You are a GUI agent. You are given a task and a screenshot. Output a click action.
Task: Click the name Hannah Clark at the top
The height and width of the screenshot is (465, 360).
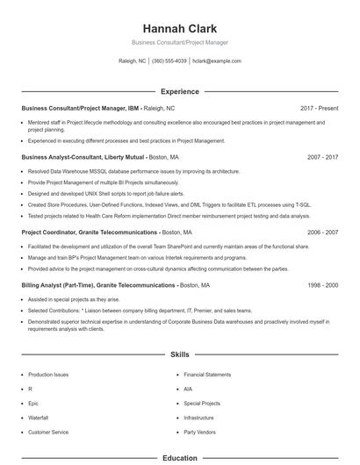(x=179, y=28)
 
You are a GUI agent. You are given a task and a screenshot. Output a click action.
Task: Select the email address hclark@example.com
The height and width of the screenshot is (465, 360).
(x=216, y=61)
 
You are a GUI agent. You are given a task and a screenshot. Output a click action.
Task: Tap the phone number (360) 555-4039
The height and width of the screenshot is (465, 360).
(x=169, y=61)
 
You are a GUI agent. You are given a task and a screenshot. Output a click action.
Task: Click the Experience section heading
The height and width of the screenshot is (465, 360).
(x=179, y=91)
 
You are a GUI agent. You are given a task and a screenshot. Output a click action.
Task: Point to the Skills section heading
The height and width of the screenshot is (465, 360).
(x=179, y=355)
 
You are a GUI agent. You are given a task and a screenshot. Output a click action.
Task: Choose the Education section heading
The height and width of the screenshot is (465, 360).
(x=179, y=458)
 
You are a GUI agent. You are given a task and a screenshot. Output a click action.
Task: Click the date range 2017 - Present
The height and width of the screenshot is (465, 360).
(x=319, y=108)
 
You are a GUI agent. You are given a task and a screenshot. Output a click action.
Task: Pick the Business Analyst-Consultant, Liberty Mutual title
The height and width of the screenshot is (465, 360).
(x=84, y=157)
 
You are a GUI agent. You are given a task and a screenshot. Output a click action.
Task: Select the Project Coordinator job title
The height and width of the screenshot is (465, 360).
(x=83, y=232)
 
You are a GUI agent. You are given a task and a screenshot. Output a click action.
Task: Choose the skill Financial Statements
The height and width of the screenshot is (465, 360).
(x=207, y=375)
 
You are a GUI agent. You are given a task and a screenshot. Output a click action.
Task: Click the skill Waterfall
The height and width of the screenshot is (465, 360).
(x=39, y=418)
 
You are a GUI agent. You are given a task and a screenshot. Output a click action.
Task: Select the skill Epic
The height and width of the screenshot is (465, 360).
(x=32, y=403)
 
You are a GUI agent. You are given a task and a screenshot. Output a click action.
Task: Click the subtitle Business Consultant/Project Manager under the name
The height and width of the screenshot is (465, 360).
(x=179, y=41)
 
